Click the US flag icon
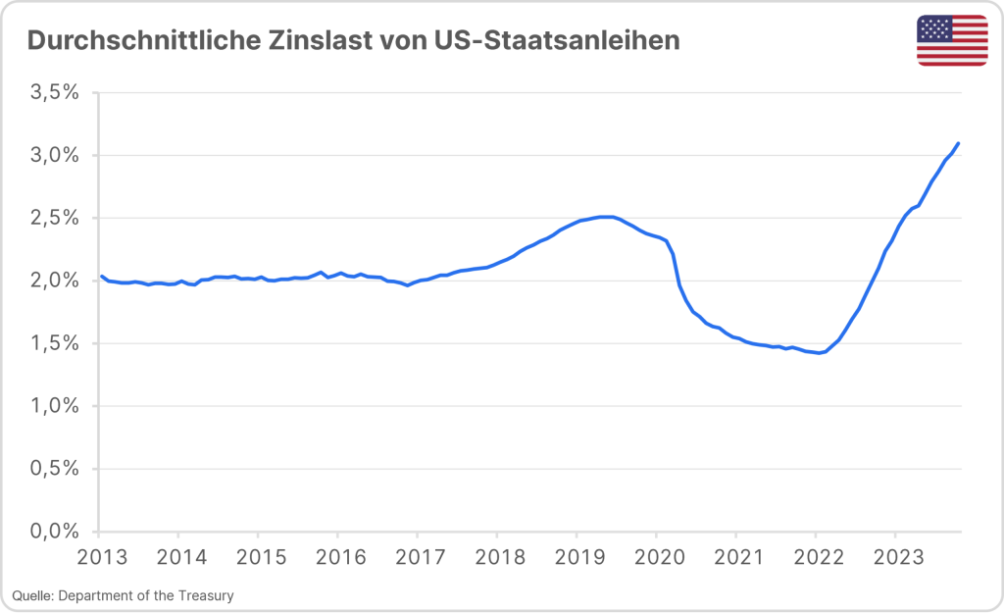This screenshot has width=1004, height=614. click(x=952, y=40)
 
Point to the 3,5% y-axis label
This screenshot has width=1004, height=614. click(x=55, y=92)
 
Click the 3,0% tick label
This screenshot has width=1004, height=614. click(x=55, y=155)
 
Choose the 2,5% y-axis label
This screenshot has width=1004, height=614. click(x=55, y=218)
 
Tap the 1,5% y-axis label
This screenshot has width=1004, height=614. click(x=55, y=343)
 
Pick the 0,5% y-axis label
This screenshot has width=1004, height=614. click(x=55, y=469)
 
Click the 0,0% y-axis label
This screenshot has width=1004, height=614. click(x=55, y=532)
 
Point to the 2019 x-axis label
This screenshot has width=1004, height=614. click(x=577, y=557)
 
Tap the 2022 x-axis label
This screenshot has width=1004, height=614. click(x=815, y=557)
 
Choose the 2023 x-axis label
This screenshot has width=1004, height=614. click(x=894, y=557)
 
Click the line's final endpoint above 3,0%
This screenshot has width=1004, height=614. click(x=958, y=143)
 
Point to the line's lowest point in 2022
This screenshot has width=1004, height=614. click(x=820, y=353)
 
